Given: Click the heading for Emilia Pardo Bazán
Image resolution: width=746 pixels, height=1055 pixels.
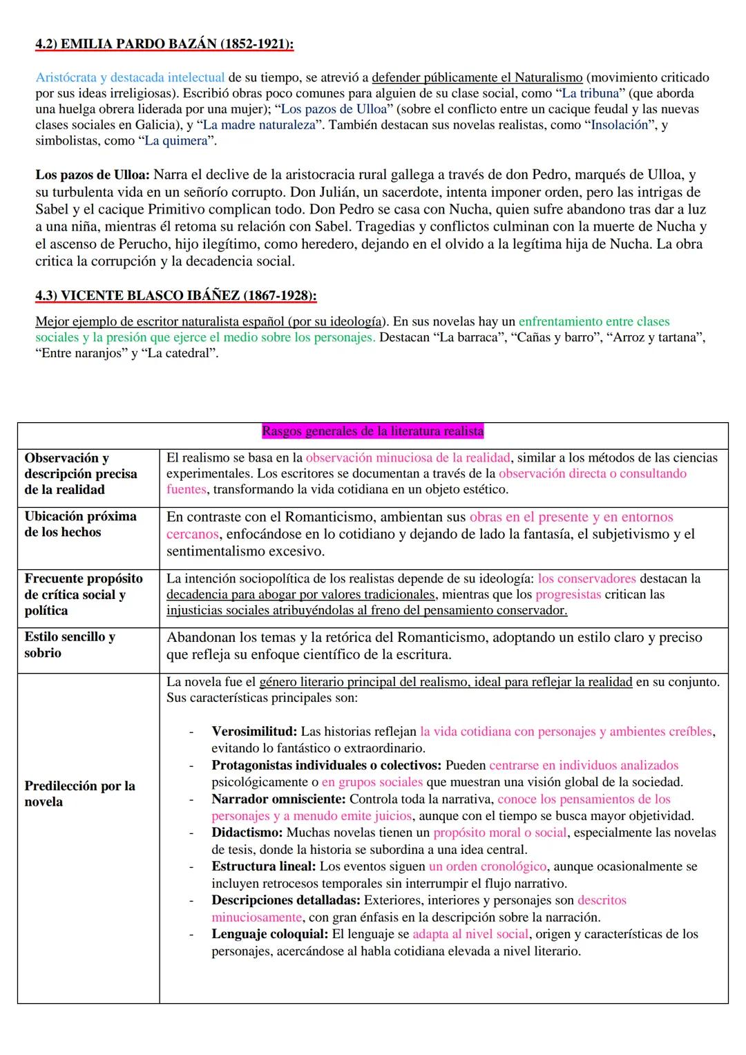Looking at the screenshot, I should [164, 44].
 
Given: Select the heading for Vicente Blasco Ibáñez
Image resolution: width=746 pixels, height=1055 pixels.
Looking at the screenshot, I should [176, 296].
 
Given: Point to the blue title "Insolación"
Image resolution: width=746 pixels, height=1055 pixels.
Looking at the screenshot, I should [620, 125].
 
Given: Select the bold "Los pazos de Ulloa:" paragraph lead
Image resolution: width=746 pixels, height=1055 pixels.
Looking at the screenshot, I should [93, 175].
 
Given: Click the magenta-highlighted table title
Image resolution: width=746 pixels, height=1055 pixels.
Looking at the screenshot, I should [373, 432].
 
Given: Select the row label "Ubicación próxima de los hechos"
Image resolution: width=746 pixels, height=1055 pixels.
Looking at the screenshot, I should [80, 524].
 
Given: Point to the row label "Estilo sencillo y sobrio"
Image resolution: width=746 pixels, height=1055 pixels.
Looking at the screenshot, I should [70, 645].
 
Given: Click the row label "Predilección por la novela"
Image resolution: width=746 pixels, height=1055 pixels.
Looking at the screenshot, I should [79, 794].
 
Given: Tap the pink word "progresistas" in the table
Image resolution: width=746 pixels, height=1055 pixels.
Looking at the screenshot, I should [568, 595].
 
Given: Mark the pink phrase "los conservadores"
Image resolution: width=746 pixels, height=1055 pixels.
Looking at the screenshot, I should [586, 579].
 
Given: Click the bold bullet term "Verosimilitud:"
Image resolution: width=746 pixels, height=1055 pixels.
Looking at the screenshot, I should [254, 732].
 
